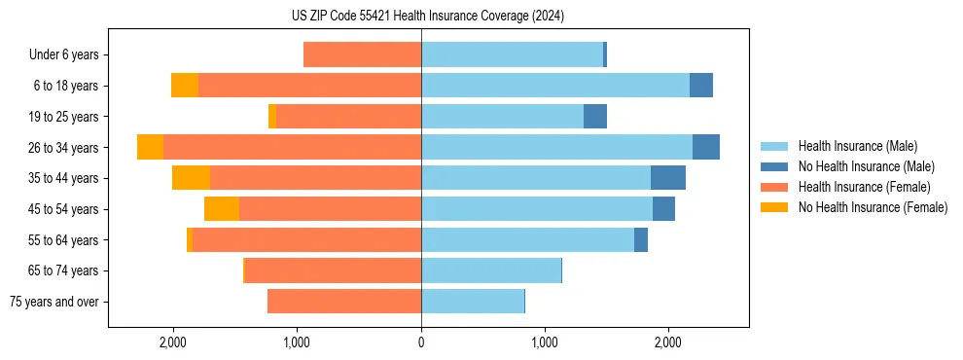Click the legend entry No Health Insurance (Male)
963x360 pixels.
point(866,166)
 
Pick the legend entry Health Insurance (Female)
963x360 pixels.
point(864,187)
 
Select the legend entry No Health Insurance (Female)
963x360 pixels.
point(873,207)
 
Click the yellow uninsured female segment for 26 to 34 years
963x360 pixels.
point(150,147)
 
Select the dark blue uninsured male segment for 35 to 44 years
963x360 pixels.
point(668,178)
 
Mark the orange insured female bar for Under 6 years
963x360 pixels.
point(362,54)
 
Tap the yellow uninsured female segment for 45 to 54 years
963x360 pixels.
point(222,209)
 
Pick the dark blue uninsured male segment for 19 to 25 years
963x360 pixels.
point(595,117)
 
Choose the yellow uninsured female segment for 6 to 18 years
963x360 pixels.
point(185,86)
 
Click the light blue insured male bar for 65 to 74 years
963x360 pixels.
point(491,270)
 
